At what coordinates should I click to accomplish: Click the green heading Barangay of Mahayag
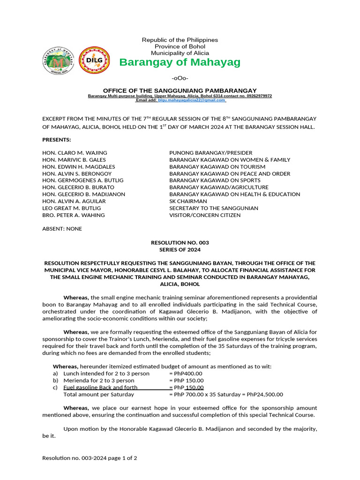(x=180, y=62)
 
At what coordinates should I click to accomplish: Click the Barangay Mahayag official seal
(x=59, y=61)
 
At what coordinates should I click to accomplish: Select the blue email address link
(x=191, y=100)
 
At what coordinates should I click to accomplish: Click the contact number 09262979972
(x=257, y=96)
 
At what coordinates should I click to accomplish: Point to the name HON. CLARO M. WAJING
(x=75, y=153)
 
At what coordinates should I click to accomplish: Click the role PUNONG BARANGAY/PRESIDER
(x=210, y=153)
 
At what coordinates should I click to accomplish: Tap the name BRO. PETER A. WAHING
(x=74, y=215)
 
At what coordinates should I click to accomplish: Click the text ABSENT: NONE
(x=62, y=229)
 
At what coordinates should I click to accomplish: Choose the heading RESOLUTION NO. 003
(x=180, y=243)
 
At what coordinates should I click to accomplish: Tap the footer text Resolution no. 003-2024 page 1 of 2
(x=90, y=457)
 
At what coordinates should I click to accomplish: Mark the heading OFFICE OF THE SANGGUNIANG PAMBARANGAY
(x=180, y=90)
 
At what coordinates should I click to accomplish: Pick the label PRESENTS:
(x=57, y=140)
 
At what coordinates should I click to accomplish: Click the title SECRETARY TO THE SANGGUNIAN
(x=213, y=208)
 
